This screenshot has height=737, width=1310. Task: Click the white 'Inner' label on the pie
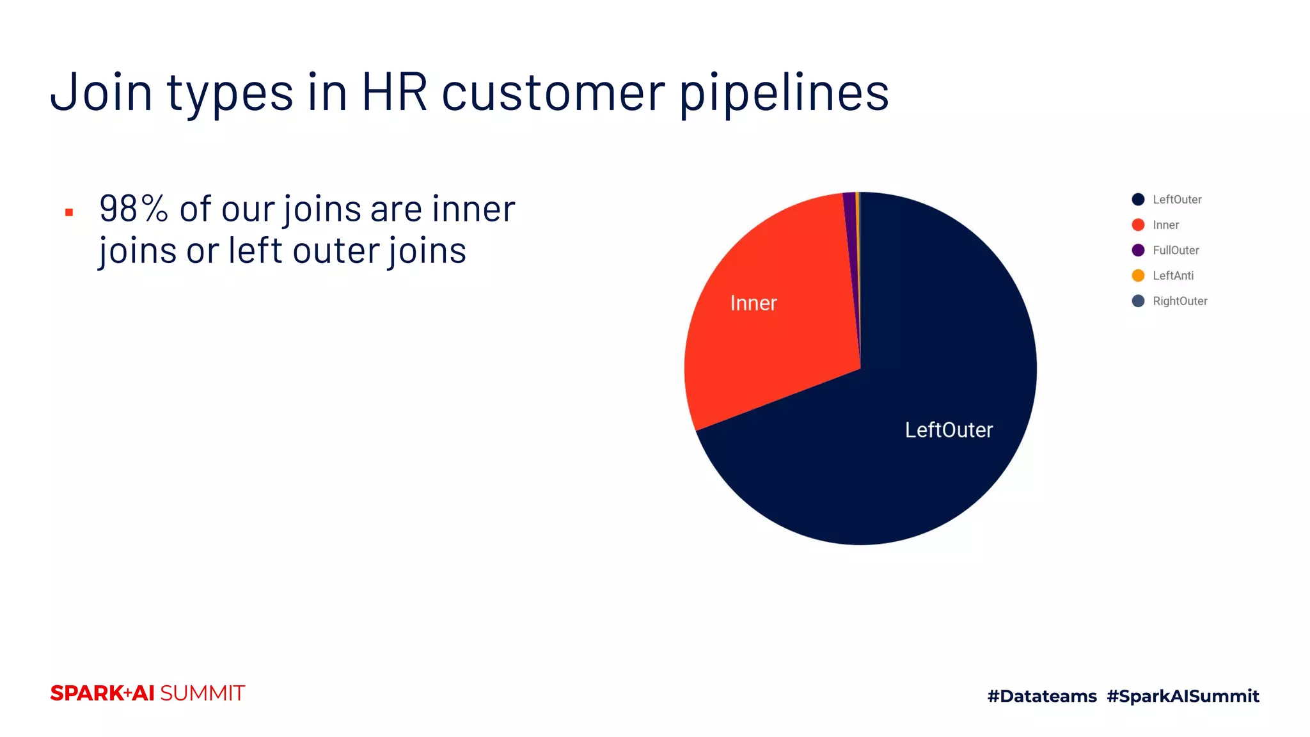(x=754, y=303)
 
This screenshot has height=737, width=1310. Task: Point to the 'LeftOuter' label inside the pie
(x=949, y=430)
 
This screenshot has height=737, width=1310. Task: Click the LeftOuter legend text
(x=1177, y=200)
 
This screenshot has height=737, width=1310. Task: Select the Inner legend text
(x=1165, y=225)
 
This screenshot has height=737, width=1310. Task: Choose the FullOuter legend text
(x=1176, y=250)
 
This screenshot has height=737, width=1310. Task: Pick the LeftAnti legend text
(x=1173, y=276)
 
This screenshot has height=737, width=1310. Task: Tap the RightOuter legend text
(x=1180, y=301)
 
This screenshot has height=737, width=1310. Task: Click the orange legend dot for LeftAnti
(x=1138, y=276)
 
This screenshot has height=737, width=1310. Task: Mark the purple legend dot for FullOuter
(x=1138, y=250)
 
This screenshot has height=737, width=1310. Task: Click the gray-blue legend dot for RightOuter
(x=1138, y=301)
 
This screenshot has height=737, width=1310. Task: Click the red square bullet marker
(x=69, y=212)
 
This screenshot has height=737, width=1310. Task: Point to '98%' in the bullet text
(x=134, y=209)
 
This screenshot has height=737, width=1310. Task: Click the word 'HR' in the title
(x=394, y=93)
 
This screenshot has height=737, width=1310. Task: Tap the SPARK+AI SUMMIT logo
(x=147, y=693)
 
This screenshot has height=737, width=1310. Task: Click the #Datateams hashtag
(x=1042, y=696)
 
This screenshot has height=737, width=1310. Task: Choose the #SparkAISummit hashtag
(x=1183, y=696)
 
